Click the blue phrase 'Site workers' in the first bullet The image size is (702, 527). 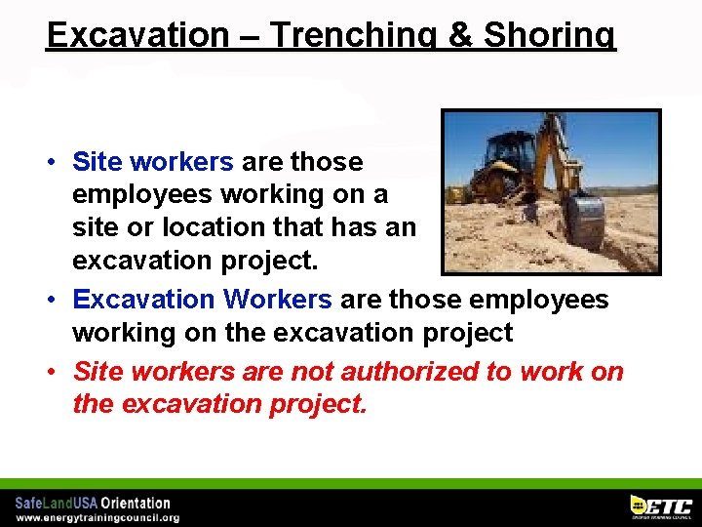pyautogui.click(x=153, y=161)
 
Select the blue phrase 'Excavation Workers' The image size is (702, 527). pyautogui.click(x=202, y=299)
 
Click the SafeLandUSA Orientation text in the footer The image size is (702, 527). pyautogui.click(x=93, y=503)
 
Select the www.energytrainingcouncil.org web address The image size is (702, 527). pyautogui.click(x=97, y=517)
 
